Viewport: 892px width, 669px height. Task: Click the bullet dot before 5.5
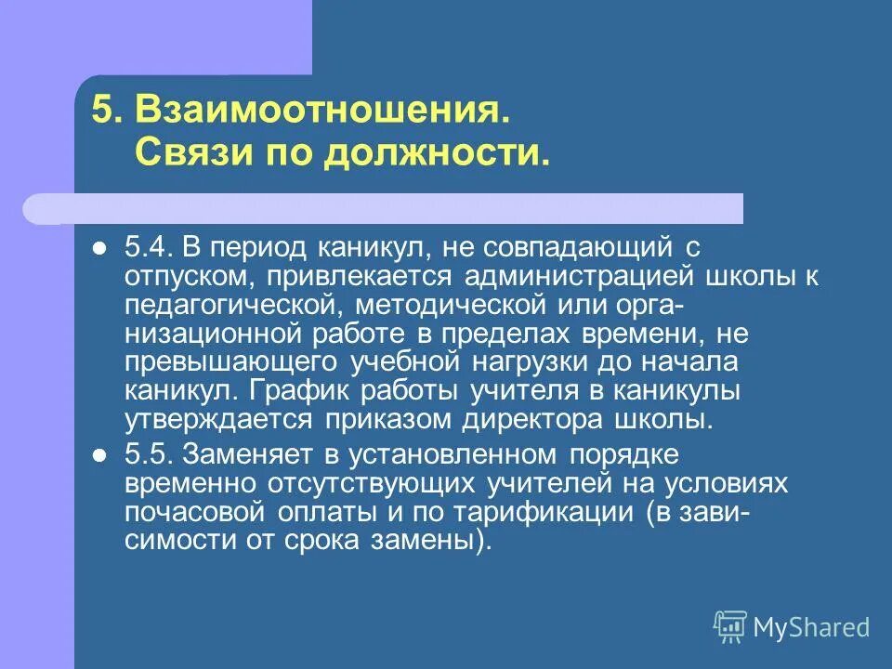click(x=100, y=454)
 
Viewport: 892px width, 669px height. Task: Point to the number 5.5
click(x=147, y=454)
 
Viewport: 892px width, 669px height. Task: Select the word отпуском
click(x=187, y=277)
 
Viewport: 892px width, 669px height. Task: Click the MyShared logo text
click(x=811, y=627)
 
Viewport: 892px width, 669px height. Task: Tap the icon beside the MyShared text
click(x=730, y=627)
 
